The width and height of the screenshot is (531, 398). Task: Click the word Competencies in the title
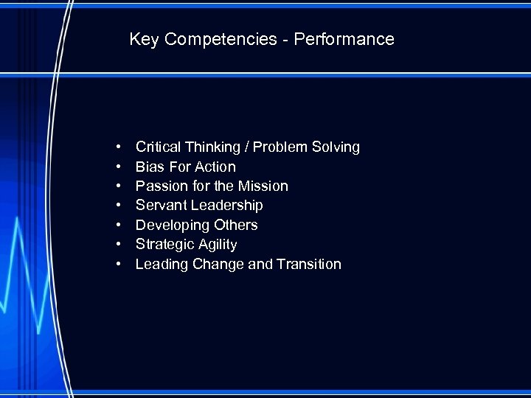click(221, 39)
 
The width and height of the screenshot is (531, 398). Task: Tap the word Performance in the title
click(344, 39)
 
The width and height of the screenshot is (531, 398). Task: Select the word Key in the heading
click(145, 39)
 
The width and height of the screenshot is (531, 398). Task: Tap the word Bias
click(150, 167)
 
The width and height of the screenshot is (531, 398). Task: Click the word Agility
click(217, 245)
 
